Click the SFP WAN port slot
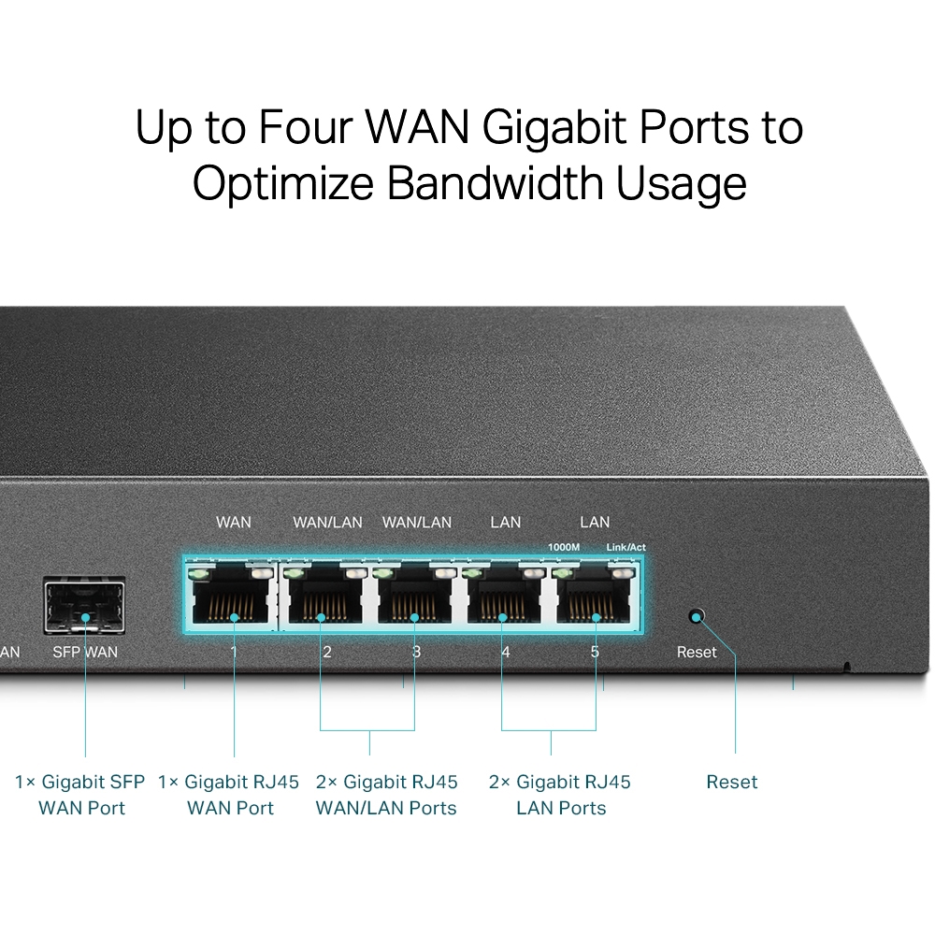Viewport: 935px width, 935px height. coord(84,607)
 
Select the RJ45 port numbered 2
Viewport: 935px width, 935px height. coord(324,598)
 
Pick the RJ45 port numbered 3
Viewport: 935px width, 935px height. coord(414,598)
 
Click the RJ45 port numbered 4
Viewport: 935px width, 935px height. coord(503,598)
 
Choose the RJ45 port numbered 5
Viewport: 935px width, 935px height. coord(594,598)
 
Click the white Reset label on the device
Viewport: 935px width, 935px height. coord(697,652)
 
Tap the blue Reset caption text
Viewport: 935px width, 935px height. coord(731,782)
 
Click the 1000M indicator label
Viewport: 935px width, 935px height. coord(564,547)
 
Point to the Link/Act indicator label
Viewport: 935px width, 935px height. coord(626,547)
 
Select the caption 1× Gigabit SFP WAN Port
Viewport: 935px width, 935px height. coord(81,795)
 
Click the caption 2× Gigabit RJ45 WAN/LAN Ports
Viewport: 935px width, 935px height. coord(386,795)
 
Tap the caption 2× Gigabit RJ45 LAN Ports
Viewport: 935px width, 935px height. coord(560,795)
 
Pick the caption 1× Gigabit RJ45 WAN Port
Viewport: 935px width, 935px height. coord(230,795)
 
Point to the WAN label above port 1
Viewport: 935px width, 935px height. coord(233,522)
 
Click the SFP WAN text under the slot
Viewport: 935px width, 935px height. coord(85,652)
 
